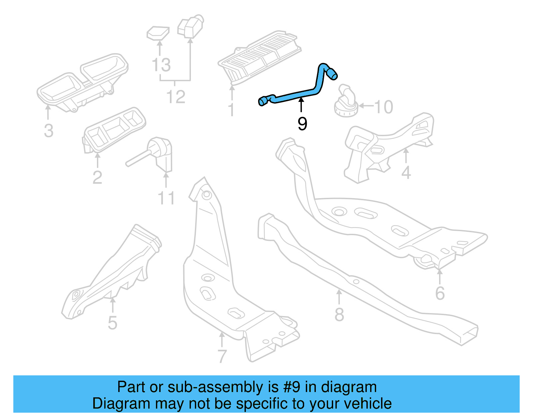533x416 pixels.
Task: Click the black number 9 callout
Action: coord(302,124)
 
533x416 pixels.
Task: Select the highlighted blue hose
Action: coord(293,94)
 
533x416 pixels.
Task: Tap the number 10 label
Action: coord(383,107)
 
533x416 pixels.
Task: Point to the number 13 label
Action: coord(161,65)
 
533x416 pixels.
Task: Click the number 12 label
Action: coord(176,97)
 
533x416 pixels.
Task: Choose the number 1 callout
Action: coord(231,110)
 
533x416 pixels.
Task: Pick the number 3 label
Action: coord(49,131)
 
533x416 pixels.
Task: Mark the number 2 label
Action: coord(97,178)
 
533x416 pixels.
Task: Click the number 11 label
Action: coord(166,199)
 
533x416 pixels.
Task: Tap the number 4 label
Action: coord(406,173)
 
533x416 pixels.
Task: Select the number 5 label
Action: coord(113,323)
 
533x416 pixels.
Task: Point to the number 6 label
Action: coord(440,293)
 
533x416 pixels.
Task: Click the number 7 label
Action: coord(222,356)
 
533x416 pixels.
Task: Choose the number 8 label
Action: coord(339,315)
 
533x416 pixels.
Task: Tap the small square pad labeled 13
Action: coord(158,33)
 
